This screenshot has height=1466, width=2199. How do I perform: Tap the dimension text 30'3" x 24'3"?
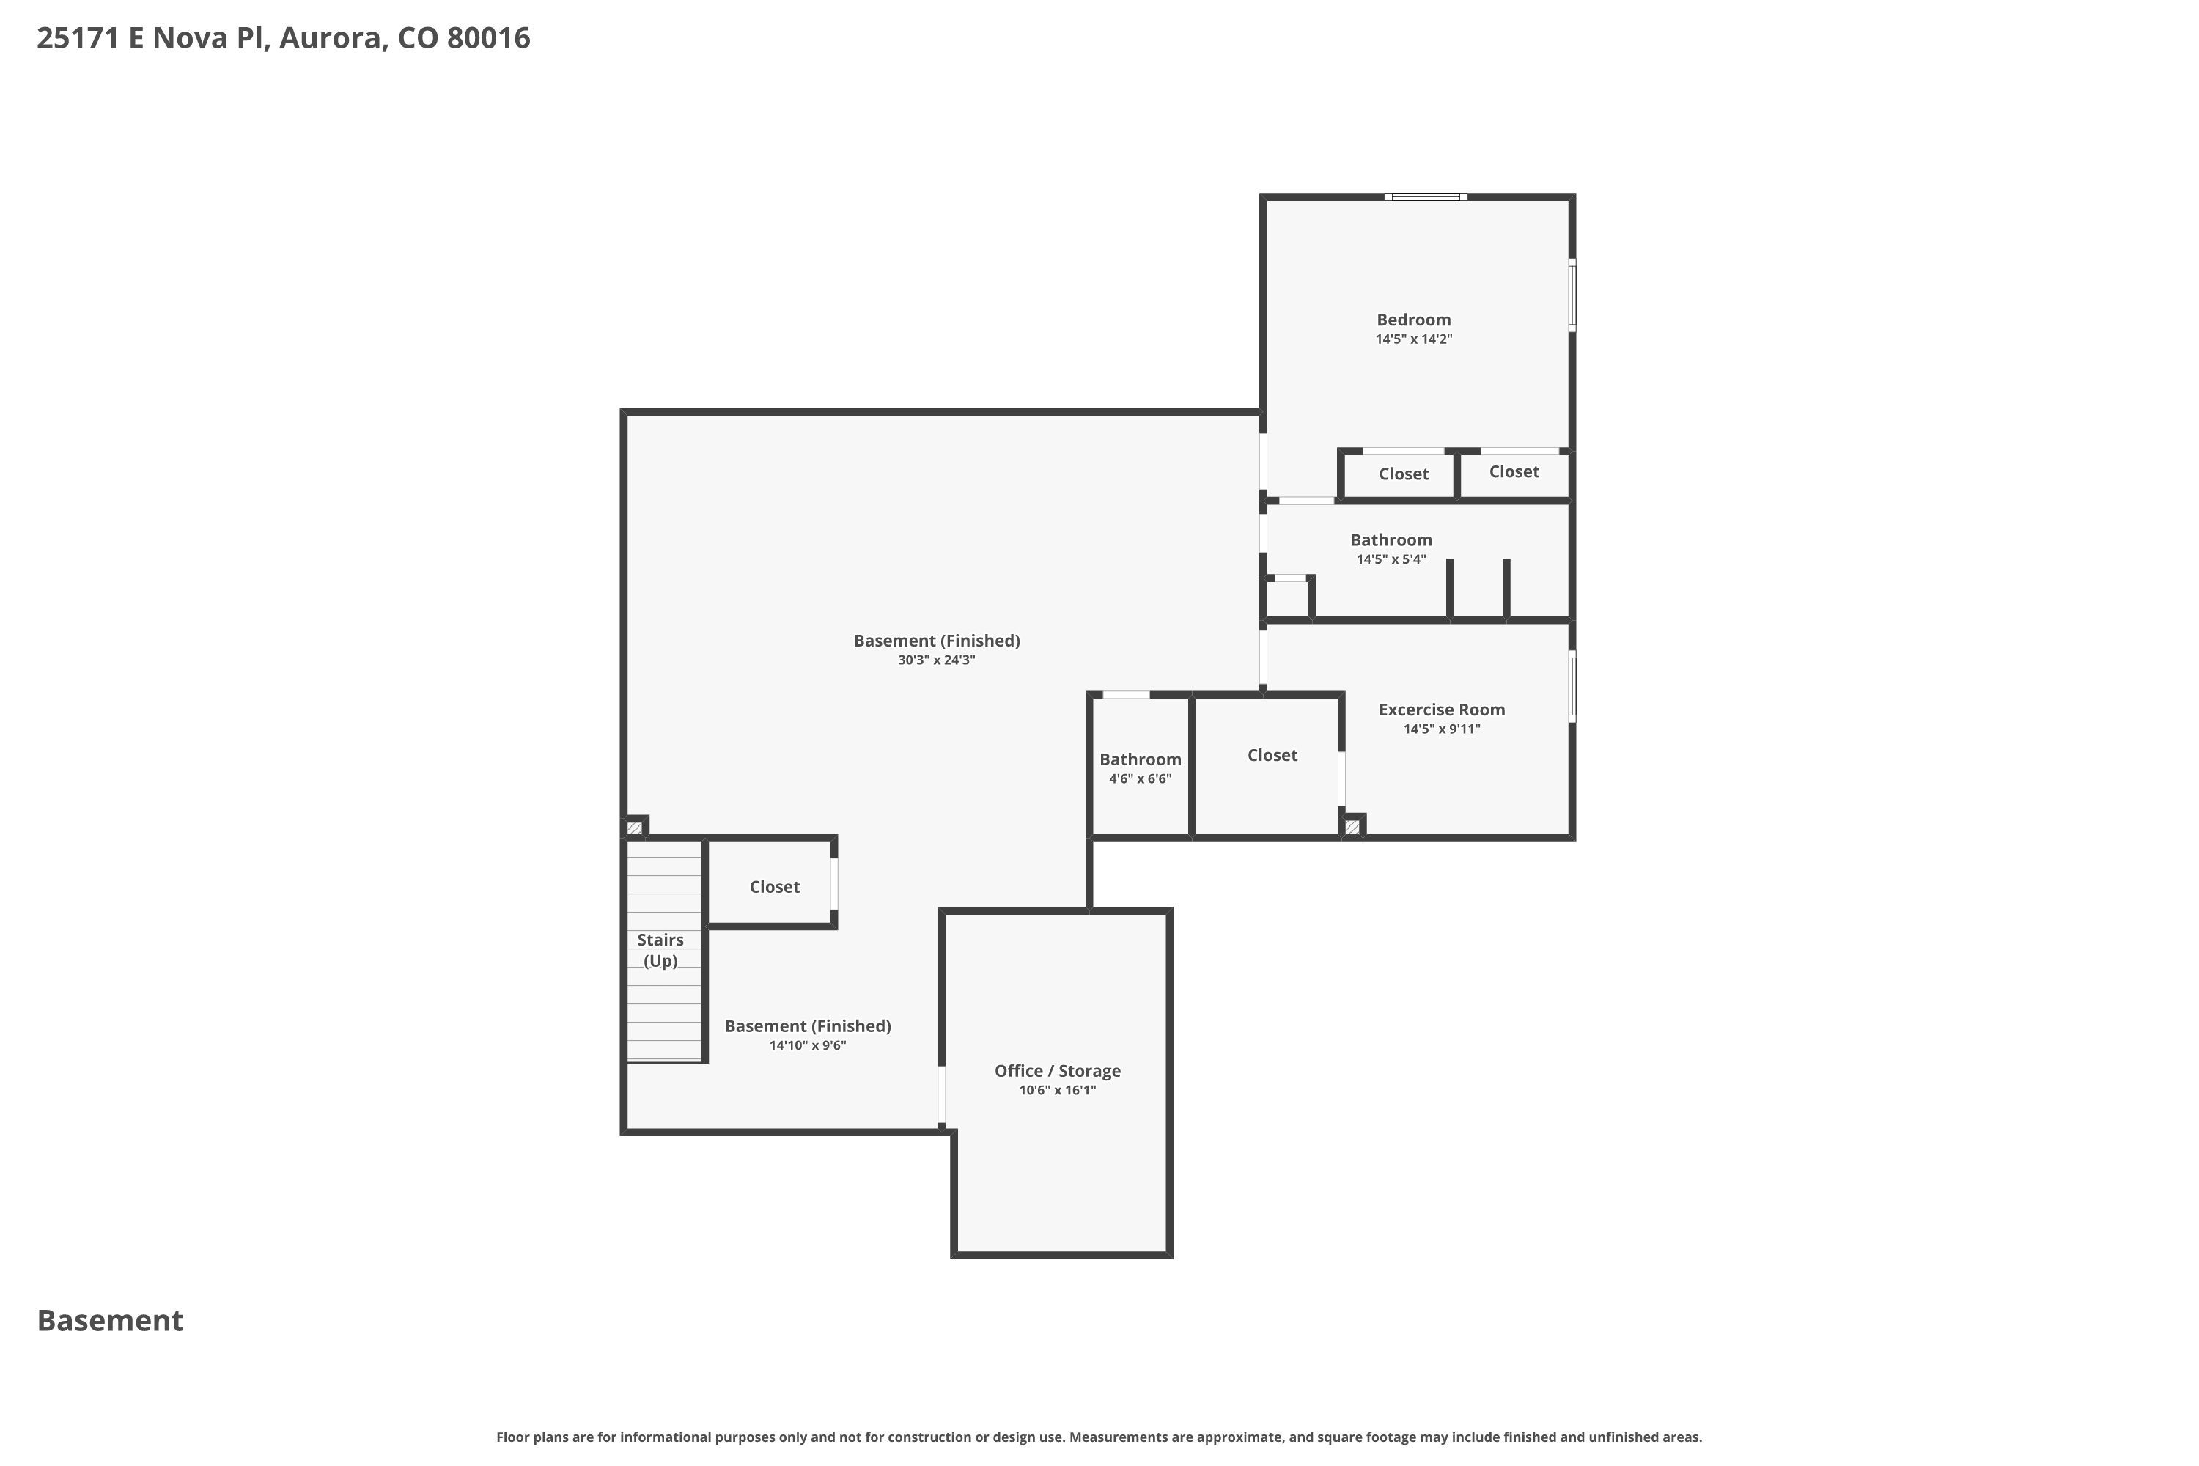(936, 660)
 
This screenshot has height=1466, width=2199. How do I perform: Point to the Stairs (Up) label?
(660, 950)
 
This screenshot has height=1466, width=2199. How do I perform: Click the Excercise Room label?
(1441, 710)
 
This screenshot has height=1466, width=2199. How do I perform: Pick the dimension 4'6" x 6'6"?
(1140, 778)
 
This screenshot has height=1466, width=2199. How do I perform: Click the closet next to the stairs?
(774, 886)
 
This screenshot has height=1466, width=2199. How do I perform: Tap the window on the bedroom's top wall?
(1425, 196)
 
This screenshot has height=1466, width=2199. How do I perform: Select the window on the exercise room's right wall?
(1572, 686)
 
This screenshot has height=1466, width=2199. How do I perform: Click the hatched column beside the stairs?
(635, 828)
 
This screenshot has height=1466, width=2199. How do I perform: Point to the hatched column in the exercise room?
(1352, 828)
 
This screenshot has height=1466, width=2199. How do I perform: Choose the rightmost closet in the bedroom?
(1514, 472)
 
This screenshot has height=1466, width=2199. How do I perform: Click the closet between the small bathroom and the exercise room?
(1272, 756)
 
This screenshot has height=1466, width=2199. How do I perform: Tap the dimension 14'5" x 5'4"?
(1391, 559)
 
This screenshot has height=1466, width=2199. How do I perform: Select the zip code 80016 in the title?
(488, 38)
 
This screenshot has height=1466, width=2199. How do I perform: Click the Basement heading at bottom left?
(111, 1320)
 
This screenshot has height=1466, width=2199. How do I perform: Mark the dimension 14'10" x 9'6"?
(807, 1045)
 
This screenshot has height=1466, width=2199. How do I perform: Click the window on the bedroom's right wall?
(1572, 295)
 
